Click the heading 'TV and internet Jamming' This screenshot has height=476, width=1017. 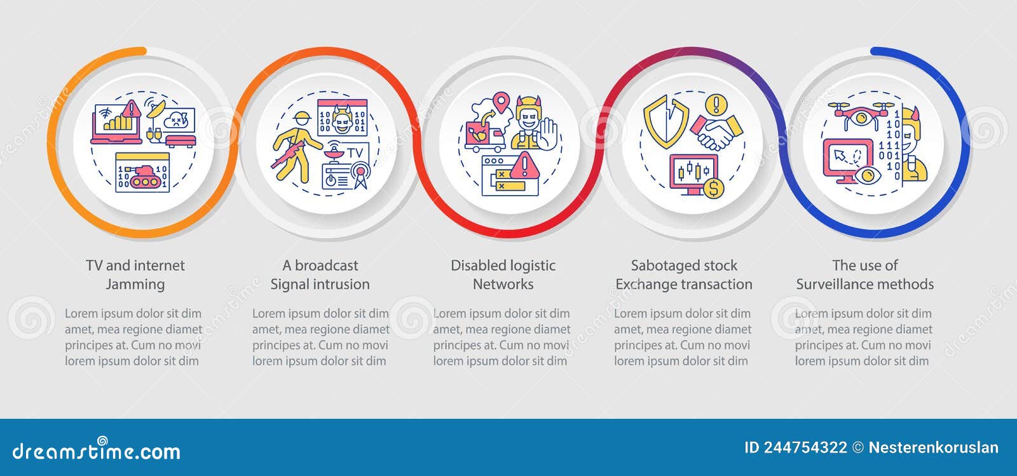pyautogui.click(x=135, y=275)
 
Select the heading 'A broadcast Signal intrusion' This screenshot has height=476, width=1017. pyautogui.click(x=320, y=275)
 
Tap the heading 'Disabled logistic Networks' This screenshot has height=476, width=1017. pyautogui.click(x=503, y=275)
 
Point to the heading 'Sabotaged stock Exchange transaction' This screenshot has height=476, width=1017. pyautogui.click(x=684, y=275)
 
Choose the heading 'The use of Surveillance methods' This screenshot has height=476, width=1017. pyautogui.click(x=865, y=275)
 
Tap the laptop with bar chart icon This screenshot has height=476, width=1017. pyautogui.click(x=116, y=123)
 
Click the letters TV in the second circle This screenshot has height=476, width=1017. pyautogui.click(x=355, y=153)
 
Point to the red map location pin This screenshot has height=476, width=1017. pyautogui.click(x=502, y=102)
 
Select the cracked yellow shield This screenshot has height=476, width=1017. pyautogui.click(x=665, y=121)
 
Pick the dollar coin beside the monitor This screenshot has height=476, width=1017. pyautogui.click(x=713, y=187)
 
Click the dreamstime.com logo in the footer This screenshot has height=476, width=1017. pyautogui.click(x=96, y=449)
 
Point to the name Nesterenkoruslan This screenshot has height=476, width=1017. pyautogui.click(x=934, y=448)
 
